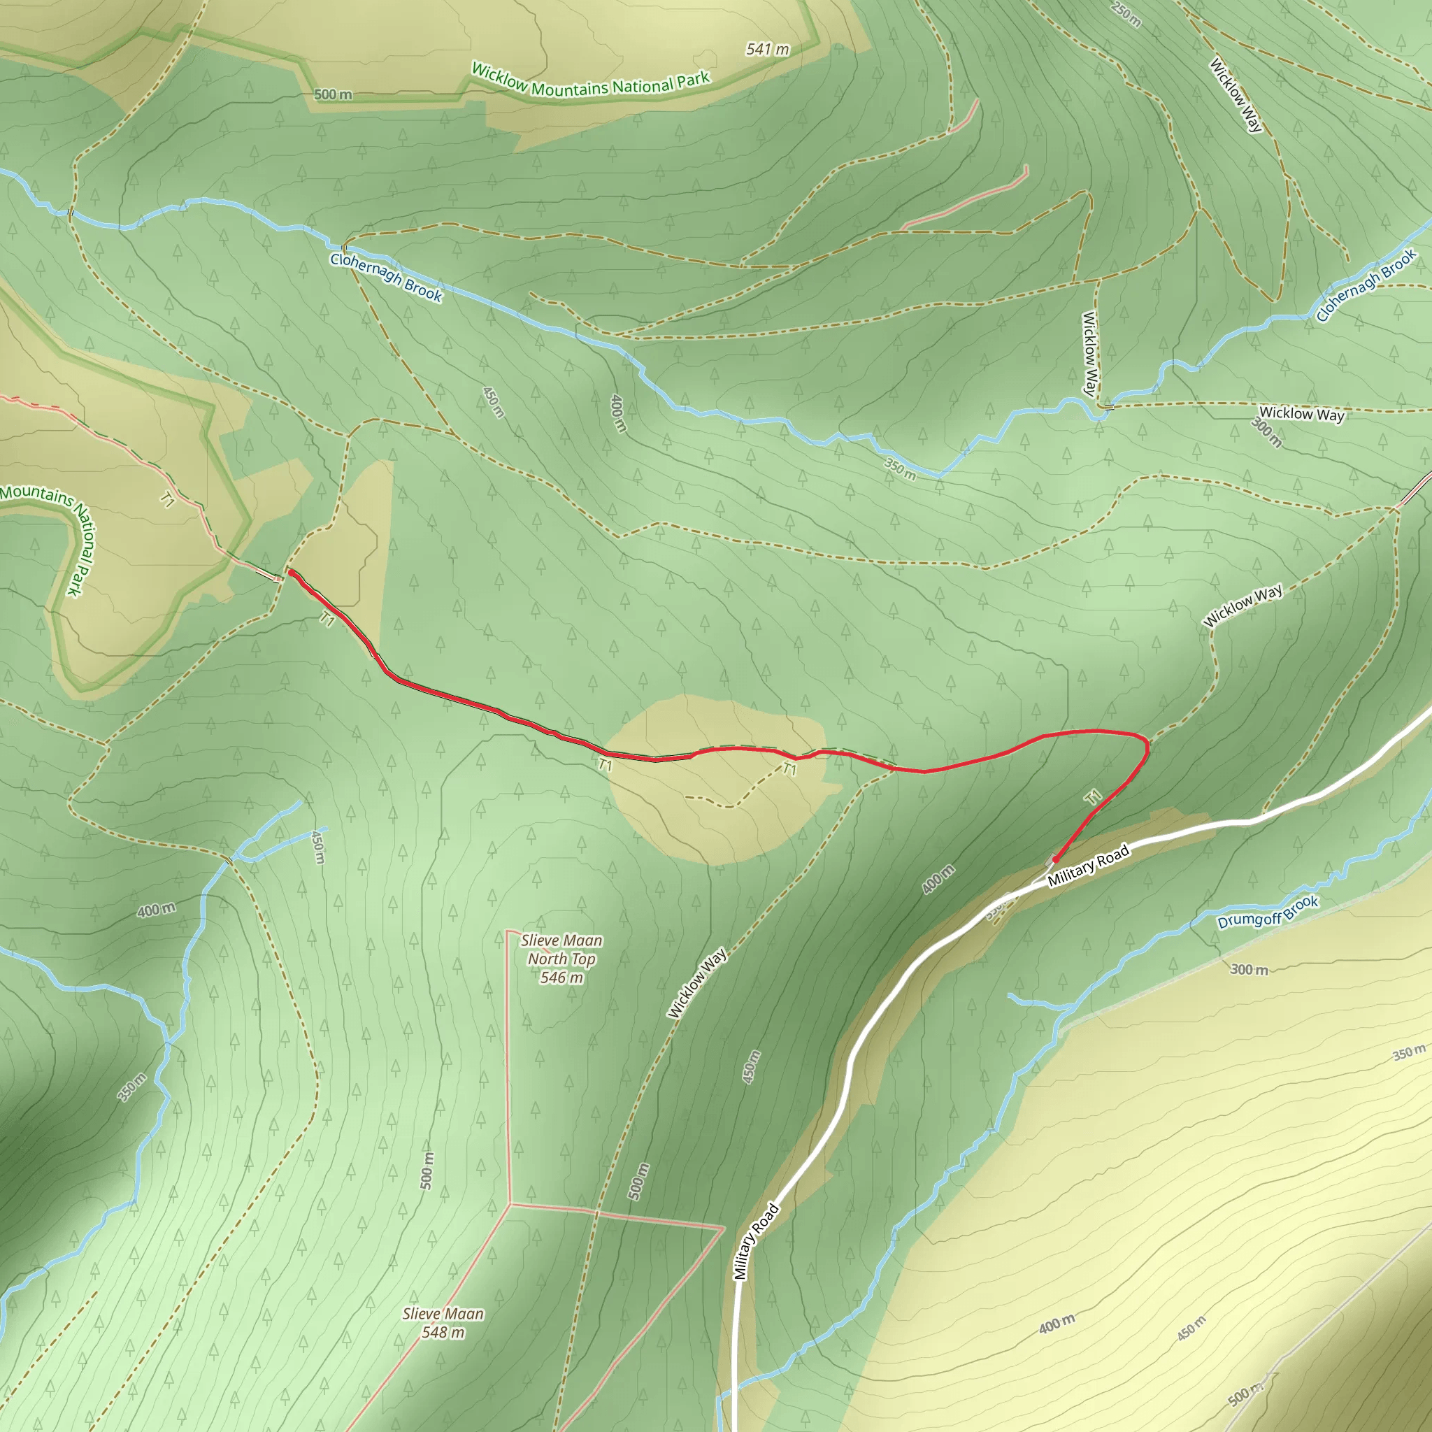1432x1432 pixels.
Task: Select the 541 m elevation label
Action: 767,50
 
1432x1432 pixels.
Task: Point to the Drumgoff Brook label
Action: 1268,912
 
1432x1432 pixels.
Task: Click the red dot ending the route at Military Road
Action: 1054,860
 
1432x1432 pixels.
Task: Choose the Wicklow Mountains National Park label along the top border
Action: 591,82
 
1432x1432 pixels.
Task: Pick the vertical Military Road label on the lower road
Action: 755,1241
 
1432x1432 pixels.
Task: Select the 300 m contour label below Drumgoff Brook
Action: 1249,970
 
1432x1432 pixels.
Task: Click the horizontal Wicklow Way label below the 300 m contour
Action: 1301,414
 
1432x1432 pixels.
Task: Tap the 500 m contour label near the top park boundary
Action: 333,95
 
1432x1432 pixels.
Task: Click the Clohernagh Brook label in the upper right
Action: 1366,285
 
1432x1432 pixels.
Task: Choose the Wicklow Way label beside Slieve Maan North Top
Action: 696,983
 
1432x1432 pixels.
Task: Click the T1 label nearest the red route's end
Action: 1094,798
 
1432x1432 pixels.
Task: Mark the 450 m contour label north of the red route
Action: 493,402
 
